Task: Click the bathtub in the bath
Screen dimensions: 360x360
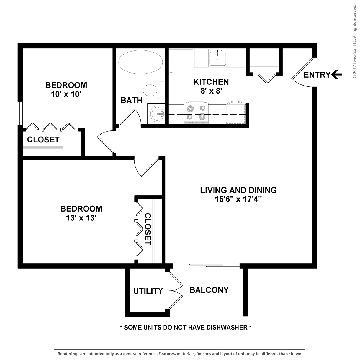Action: point(140,62)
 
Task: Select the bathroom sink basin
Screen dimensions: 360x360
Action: point(157,114)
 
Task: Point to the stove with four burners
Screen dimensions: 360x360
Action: point(196,113)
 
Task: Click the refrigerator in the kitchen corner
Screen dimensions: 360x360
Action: point(181,60)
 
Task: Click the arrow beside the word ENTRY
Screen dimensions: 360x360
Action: point(337,74)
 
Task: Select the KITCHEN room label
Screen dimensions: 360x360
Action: point(211,82)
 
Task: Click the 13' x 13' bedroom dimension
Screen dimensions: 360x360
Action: point(81,218)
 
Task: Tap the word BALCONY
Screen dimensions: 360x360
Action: point(209,290)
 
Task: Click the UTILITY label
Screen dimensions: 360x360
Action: point(148,291)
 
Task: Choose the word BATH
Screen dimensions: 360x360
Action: point(132,100)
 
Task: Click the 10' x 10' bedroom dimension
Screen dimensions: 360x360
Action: point(66,94)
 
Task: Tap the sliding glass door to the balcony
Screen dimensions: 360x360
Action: point(214,266)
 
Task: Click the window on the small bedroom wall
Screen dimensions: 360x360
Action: point(20,113)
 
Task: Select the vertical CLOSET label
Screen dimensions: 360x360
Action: point(148,229)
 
